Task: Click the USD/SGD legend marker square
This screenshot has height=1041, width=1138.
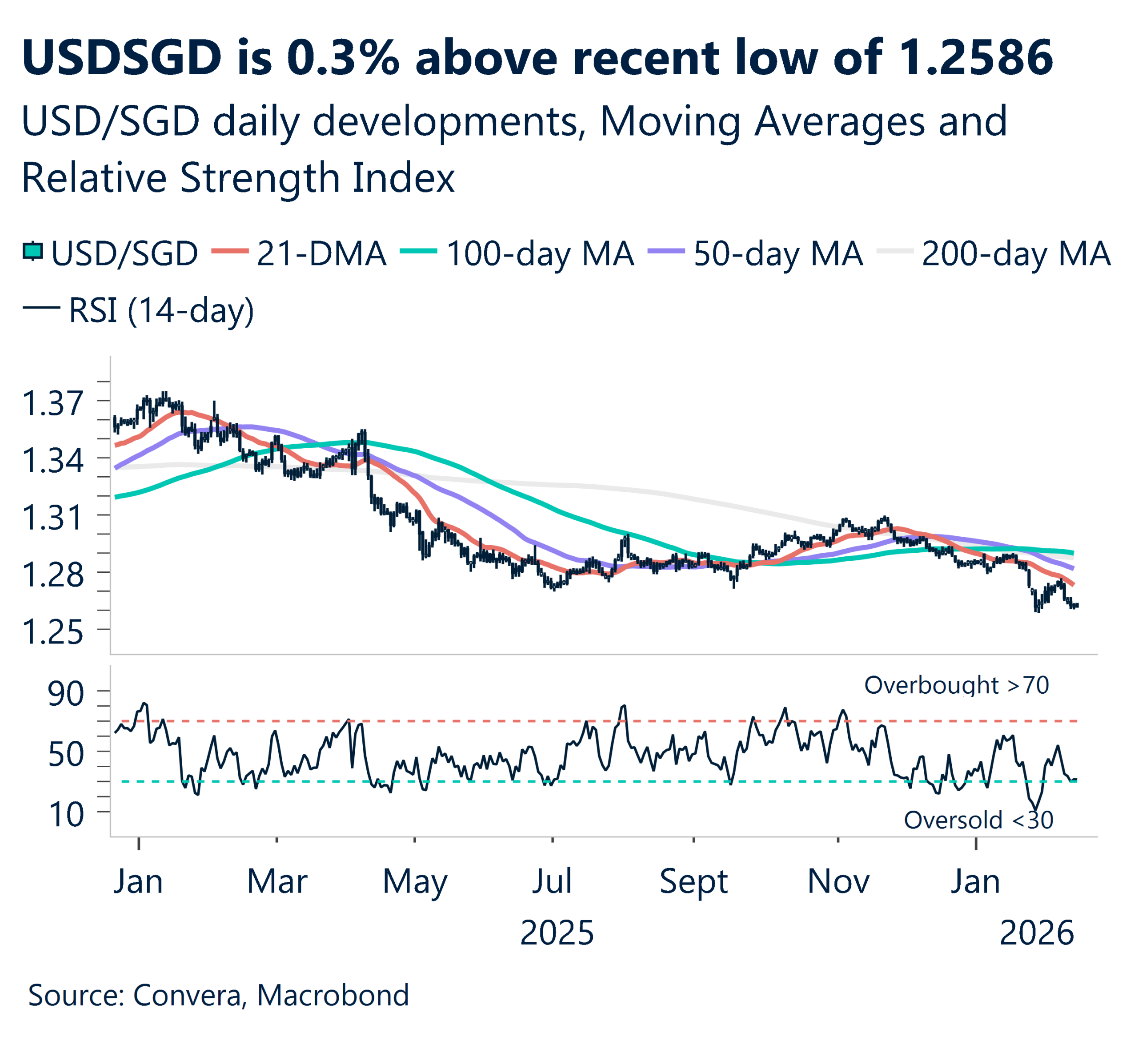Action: click(33, 251)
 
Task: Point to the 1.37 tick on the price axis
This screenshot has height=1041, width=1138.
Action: click(52, 403)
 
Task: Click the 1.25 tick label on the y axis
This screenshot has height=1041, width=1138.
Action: click(52, 632)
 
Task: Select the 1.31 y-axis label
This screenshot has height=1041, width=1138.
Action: click(52, 517)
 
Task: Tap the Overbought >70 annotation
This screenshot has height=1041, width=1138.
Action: click(956, 685)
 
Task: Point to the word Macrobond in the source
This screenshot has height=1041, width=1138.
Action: click(333, 995)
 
